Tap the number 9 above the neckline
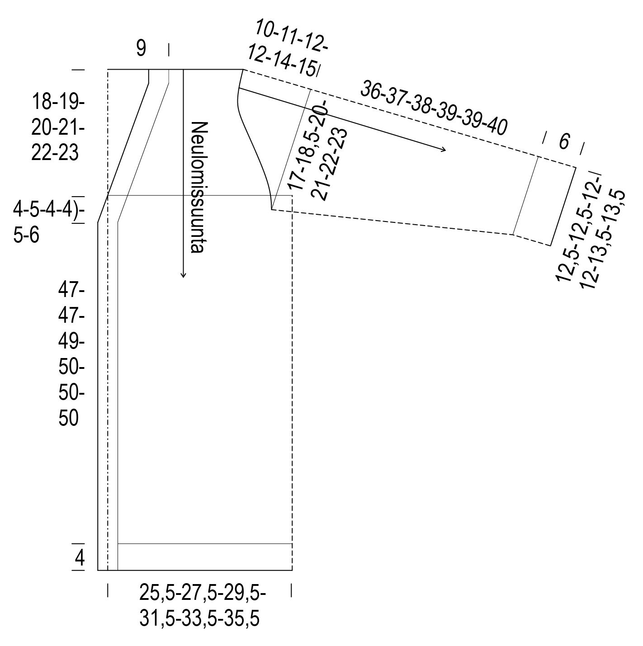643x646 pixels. click(141, 48)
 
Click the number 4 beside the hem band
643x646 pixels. click(80, 558)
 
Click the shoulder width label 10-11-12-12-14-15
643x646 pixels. click(286, 49)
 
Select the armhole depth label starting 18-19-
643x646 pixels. click(58, 127)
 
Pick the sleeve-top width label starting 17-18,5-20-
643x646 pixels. click(317, 154)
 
